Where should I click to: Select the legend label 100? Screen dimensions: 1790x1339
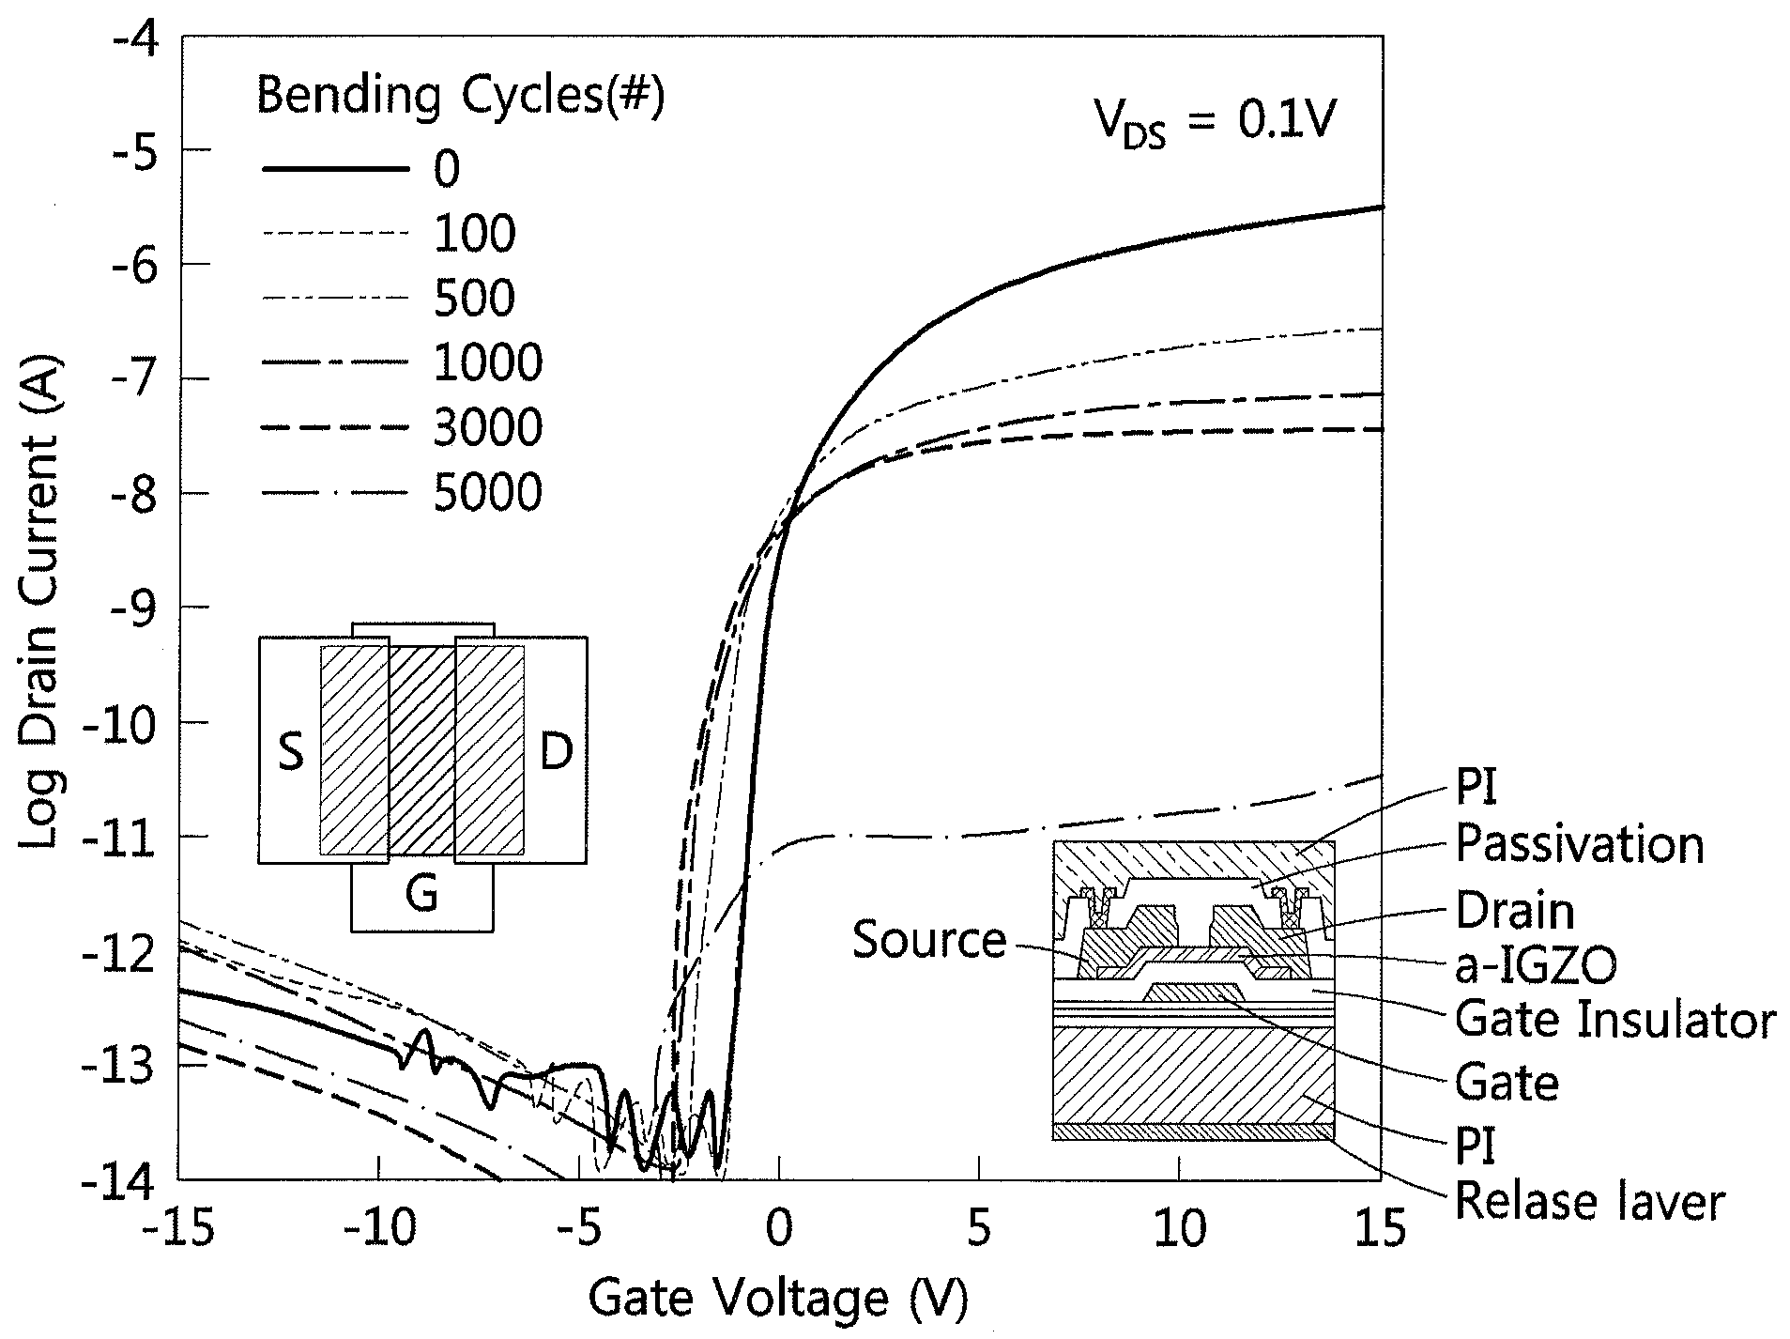coord(474,233)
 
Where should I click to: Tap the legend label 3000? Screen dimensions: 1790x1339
coord(488,428)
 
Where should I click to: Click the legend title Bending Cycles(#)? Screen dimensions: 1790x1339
coord(461,97)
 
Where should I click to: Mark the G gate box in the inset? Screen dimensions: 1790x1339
coord(422,897)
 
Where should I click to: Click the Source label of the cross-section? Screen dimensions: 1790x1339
coord(929,940)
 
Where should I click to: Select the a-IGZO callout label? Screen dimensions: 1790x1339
coord(1536,965)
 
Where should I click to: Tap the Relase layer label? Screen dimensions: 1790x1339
coord(1590,1203)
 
